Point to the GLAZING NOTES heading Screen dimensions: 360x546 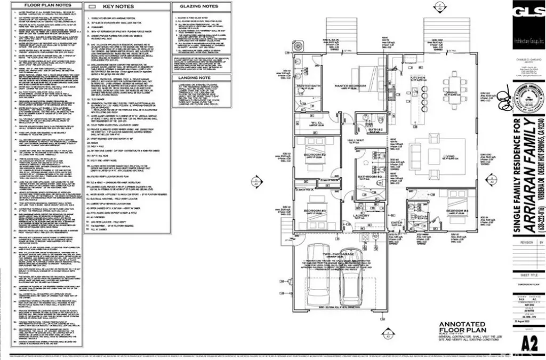(x=199, y=6)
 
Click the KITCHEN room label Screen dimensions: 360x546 (x=417, y=78)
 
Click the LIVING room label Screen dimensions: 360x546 (x=449, y=156)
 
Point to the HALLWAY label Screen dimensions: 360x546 (x=356, y=141)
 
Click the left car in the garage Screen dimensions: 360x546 (x=318, y=281)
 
